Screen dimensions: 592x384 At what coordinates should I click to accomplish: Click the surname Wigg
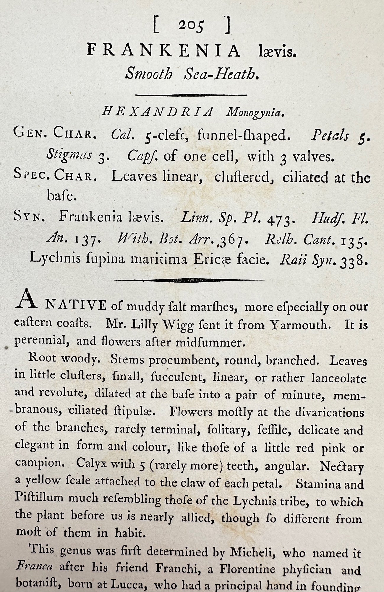point(177,326)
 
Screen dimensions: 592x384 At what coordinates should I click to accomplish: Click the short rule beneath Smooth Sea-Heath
point(191,95)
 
